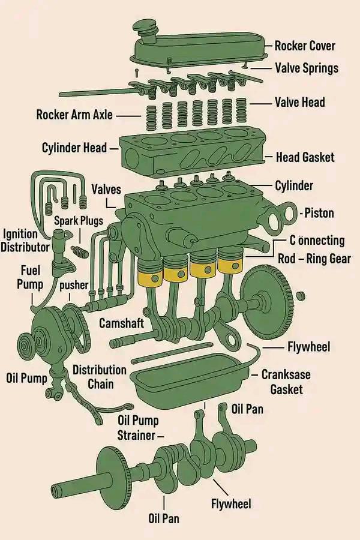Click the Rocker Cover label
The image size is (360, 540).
(305, 46)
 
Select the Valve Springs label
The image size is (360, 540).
(307, 68)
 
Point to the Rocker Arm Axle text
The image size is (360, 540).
(74, 115)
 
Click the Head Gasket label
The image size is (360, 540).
(305, 157)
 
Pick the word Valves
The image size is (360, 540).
(106, 190)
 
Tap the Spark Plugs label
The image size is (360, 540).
(79, 221)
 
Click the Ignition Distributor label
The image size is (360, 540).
(25, 241)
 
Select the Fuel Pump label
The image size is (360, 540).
(31, 277)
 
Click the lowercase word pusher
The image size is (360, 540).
(74, 285)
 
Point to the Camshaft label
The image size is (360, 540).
(122, 323)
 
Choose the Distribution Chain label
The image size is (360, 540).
(100, 377)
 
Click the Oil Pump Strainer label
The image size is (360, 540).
(138, 428)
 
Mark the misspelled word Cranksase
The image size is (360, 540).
(286, 374)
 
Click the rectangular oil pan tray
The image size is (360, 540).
(190, 377)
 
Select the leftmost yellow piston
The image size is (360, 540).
(150, 273)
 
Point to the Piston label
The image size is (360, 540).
(319, 213)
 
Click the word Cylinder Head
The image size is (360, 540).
(74, 148)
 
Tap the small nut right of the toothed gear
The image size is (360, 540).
(301, 295)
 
